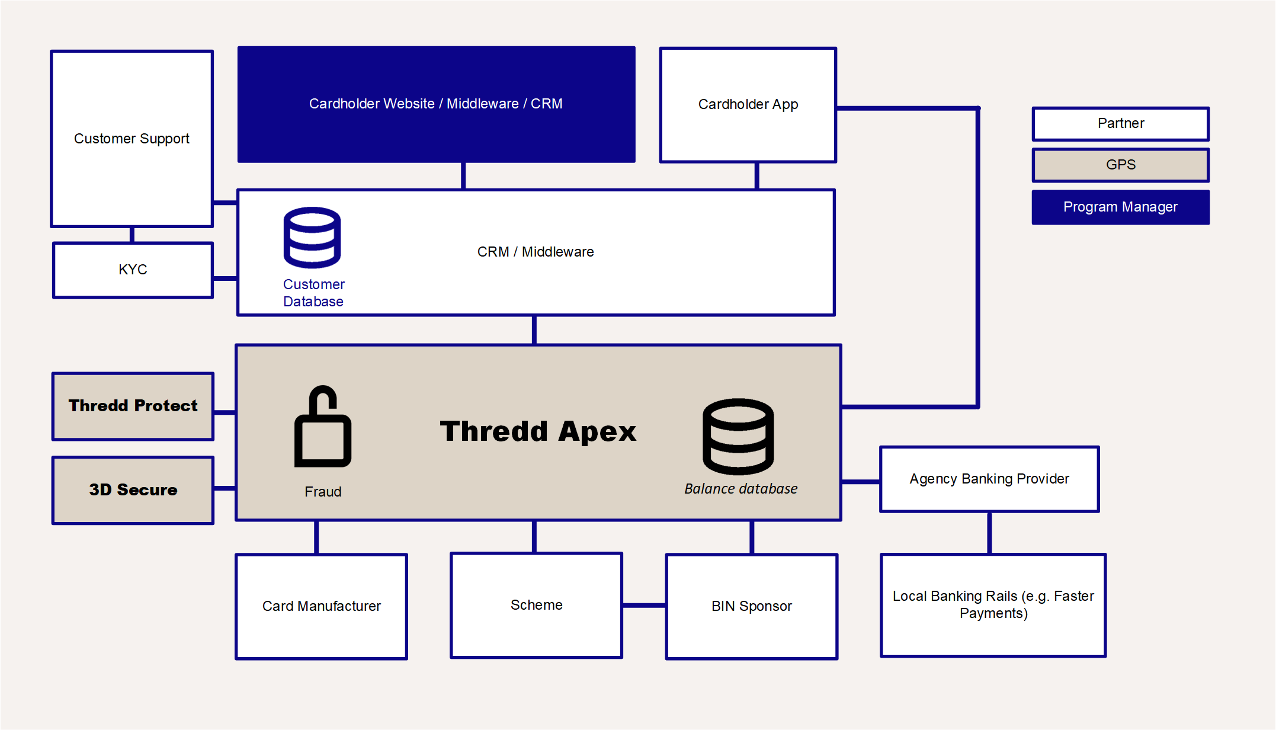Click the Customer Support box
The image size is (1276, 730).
132,139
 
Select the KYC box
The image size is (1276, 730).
133,270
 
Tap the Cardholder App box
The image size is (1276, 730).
748,104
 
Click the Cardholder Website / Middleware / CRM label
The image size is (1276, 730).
435,104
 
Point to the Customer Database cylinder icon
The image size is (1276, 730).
312,237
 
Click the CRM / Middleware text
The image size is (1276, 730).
535,252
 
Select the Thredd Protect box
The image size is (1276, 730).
133,406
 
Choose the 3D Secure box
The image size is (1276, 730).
133,490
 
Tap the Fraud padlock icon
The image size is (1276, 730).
323,428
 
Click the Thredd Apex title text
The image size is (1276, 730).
537,431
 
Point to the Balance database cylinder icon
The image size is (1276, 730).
738,437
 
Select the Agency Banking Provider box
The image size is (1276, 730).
989,479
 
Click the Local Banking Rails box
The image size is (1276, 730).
993,604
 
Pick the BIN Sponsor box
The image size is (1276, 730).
751,606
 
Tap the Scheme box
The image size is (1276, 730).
536,605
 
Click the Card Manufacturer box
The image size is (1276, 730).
321,606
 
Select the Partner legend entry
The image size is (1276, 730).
1120,123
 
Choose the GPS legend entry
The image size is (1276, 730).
1120,165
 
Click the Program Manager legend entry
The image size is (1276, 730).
1120,207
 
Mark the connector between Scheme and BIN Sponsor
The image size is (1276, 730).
644,605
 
